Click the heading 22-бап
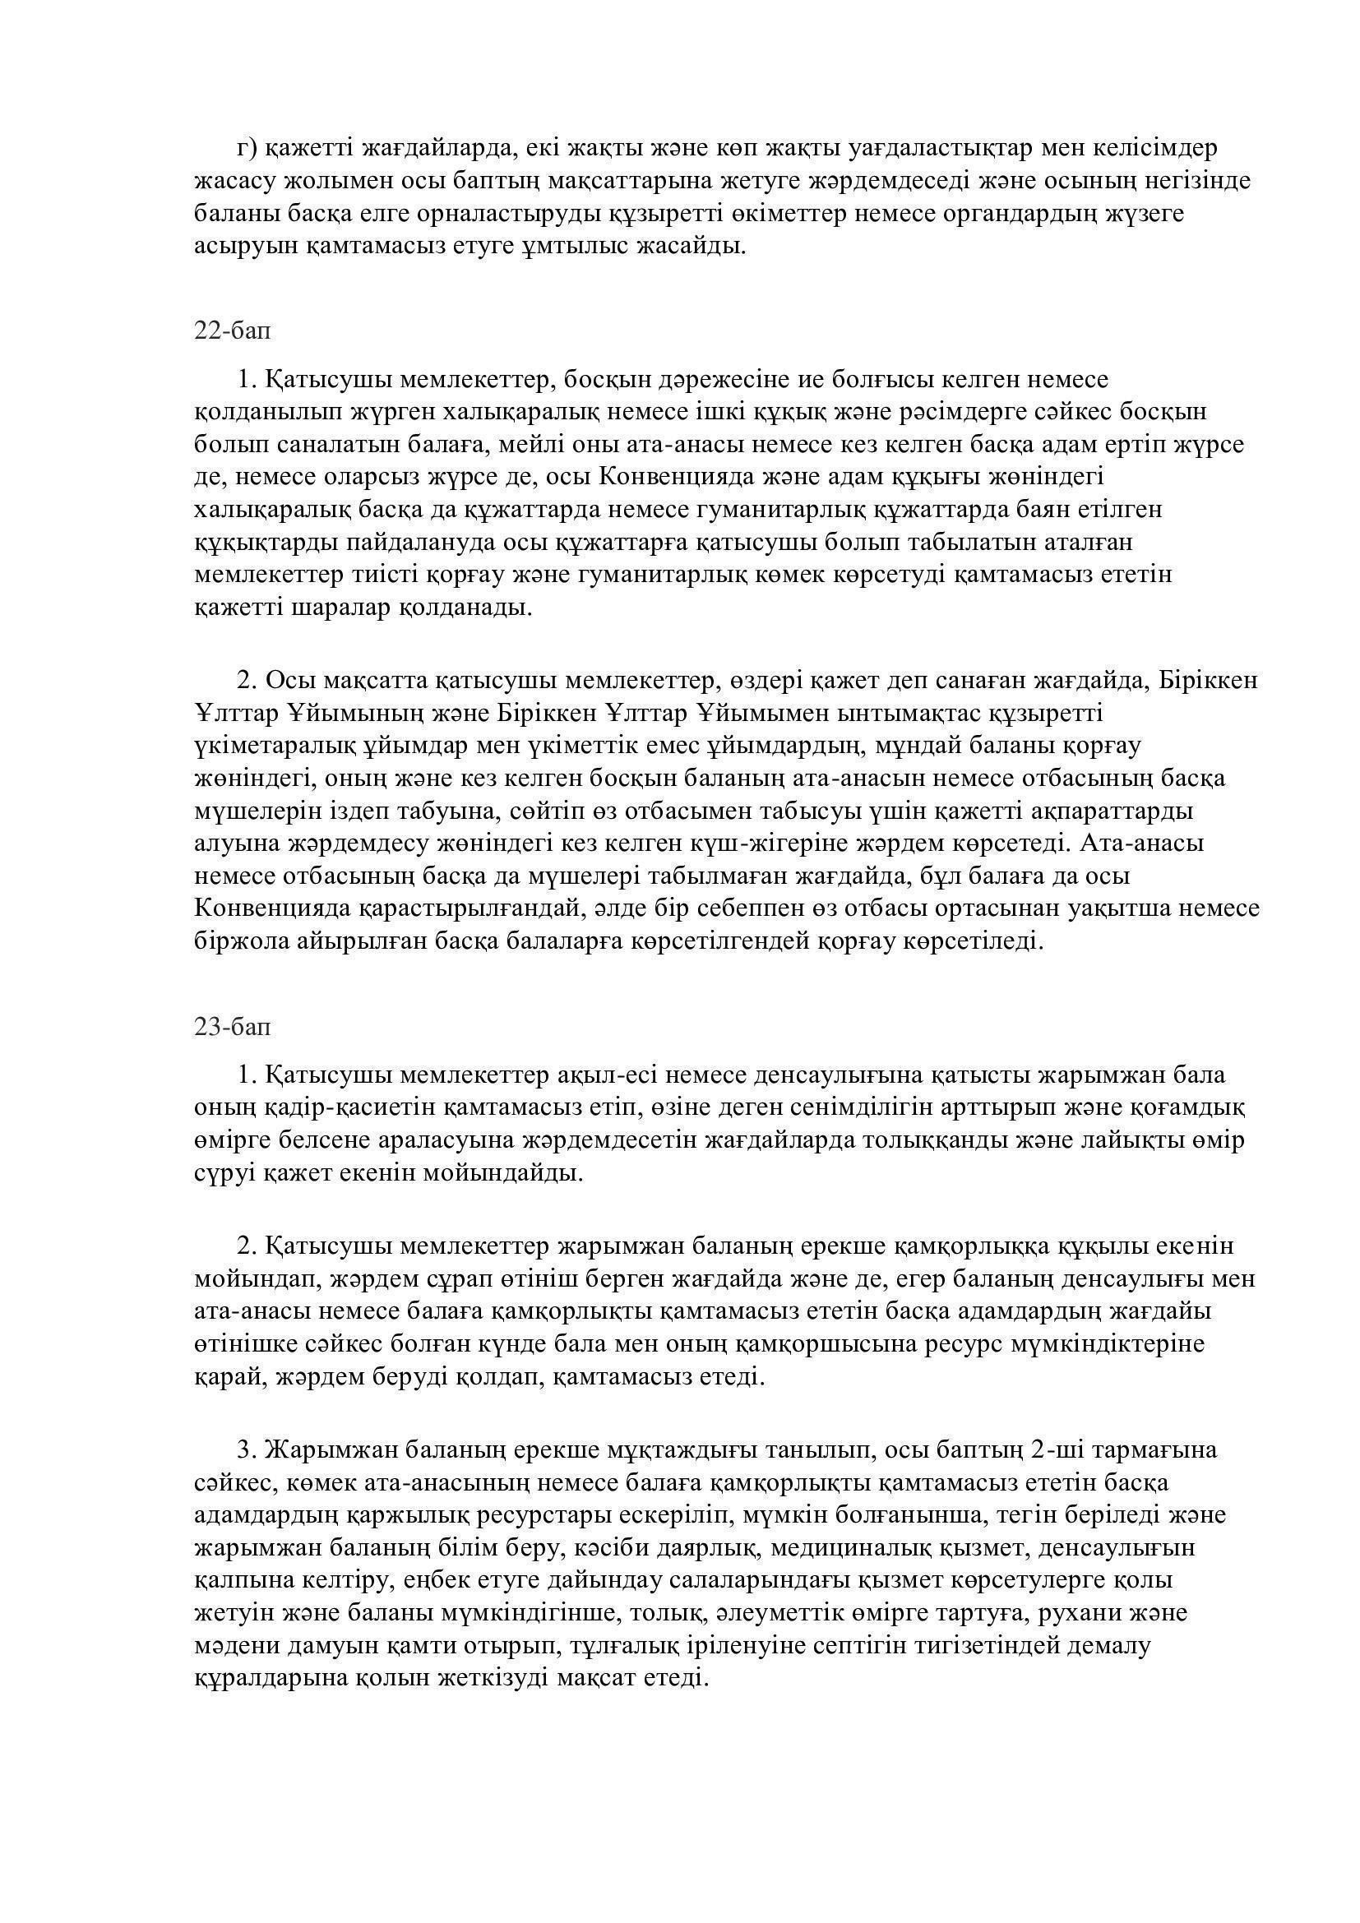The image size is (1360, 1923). pyautogui.click(x=232, y=331)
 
